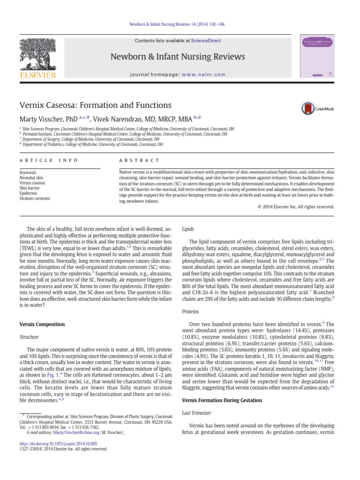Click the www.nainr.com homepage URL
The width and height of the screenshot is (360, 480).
[x=197, y=75]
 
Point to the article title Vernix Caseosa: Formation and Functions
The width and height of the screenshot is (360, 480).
[x=95, y=105]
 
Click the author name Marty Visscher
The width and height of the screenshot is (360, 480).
[x=41, y=119]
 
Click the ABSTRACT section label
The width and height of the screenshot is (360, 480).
[x=140, y=160]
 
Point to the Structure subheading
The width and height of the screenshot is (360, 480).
[x=29, y=337]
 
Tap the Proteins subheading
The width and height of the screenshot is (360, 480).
[x=190, y=311]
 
